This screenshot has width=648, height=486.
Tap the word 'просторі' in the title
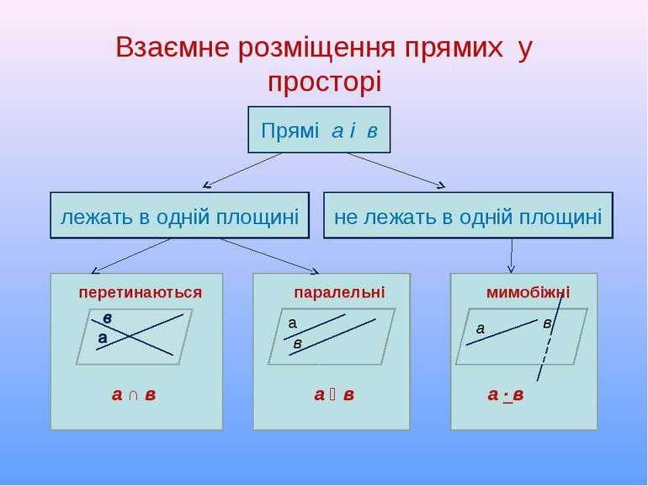point(324,83)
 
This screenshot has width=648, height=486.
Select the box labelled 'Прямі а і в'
point(319,130)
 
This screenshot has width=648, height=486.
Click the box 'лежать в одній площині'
point(179,216)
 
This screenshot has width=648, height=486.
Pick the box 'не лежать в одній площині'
point(468,216)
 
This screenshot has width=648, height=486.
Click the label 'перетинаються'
point(140,292)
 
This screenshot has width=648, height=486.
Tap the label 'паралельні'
point(338,292)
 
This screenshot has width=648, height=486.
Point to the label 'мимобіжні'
point(528,292)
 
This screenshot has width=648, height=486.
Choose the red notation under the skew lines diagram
point(505,395)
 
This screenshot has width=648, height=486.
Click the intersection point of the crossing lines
point(130,335)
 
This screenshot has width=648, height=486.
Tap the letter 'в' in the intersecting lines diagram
point(108,318)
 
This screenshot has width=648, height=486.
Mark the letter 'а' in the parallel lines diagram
point(293,323)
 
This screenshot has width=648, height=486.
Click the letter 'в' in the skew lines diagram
point(546,323)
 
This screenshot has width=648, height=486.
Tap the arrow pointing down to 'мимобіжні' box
point(511,255)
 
